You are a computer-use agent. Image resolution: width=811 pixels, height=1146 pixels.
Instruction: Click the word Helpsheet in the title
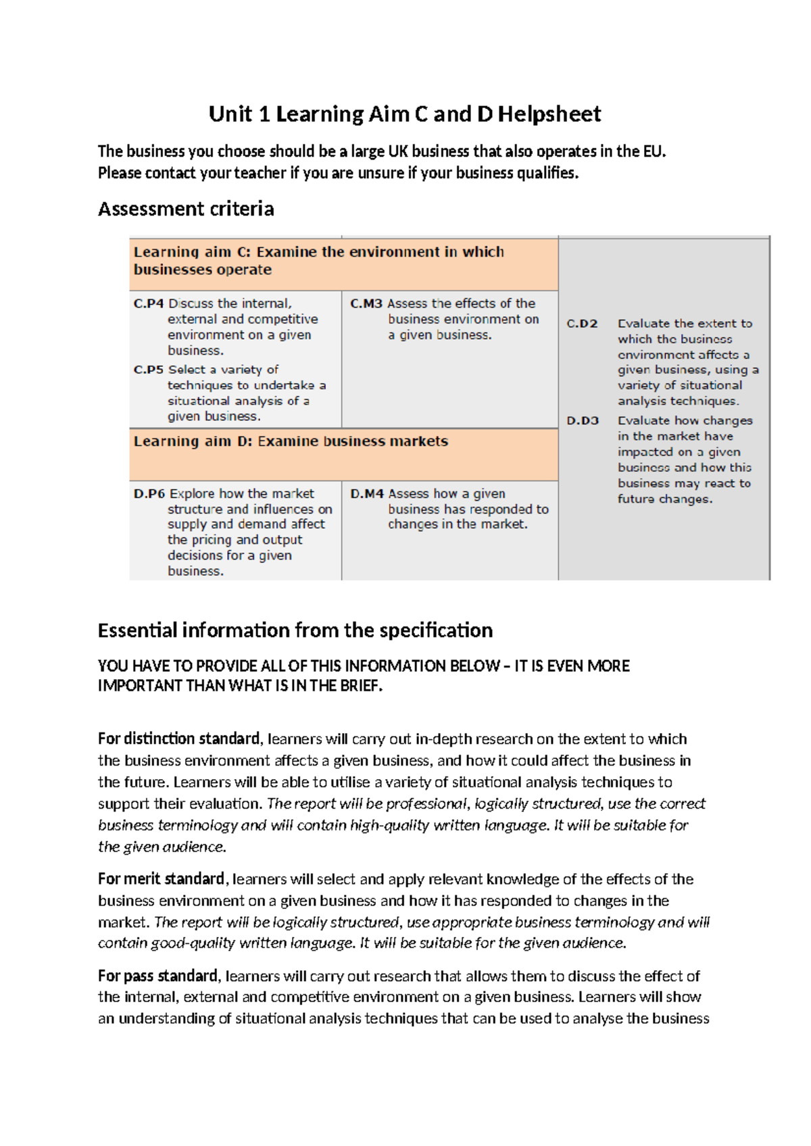[549, 114]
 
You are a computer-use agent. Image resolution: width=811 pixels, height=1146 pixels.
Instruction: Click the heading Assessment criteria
[186, 209]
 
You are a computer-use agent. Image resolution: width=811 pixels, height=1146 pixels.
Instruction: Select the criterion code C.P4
[149, 304]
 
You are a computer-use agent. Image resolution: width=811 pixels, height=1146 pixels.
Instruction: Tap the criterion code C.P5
[149, 370]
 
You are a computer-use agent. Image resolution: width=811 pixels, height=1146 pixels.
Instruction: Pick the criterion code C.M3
[366, 304]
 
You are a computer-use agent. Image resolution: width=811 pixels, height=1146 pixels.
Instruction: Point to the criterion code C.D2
[582, 324]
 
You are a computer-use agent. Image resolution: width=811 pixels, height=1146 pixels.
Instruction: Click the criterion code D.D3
[583, 421]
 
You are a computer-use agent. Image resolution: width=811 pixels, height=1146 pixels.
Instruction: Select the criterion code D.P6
[149, 494]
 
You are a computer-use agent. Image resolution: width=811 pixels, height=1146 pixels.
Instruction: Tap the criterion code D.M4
[367, 494]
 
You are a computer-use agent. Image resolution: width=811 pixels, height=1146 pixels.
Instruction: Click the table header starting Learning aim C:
[318, 261]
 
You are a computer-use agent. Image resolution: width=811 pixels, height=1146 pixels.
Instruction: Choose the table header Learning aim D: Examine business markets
[291, 442]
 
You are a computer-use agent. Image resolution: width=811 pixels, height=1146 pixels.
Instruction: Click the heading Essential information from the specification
[295, 631]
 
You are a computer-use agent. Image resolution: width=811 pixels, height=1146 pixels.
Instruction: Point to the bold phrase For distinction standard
[178, 739]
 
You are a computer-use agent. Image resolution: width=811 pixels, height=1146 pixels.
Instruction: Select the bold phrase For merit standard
[161, 879]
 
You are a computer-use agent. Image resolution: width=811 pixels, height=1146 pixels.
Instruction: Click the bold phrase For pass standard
[158, 976]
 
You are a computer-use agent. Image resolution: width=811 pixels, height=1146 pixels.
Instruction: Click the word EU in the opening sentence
[654, 151]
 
